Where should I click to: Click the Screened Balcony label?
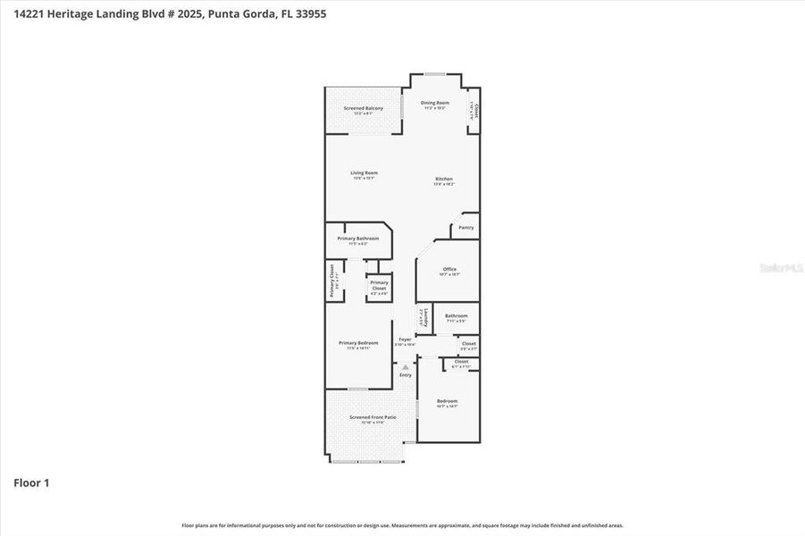coord(363,109)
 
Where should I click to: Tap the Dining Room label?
coord(435,104)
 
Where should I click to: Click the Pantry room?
coord(465,228)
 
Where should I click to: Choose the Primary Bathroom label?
coord(357,239)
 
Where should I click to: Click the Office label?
coord(449,270)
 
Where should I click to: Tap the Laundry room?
coord(424,317)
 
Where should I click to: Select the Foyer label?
coord(405,340)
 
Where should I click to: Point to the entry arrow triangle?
coord(405,366)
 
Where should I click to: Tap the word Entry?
coord(406,374)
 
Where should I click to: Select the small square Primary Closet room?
coord(379,287)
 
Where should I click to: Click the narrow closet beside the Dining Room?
coord(474,112)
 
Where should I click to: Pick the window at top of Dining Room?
coord(435,74)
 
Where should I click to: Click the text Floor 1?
coord(31,483)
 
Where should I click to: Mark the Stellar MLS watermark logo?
coord(780,267)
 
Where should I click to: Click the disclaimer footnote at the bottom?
coord(402,525)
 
